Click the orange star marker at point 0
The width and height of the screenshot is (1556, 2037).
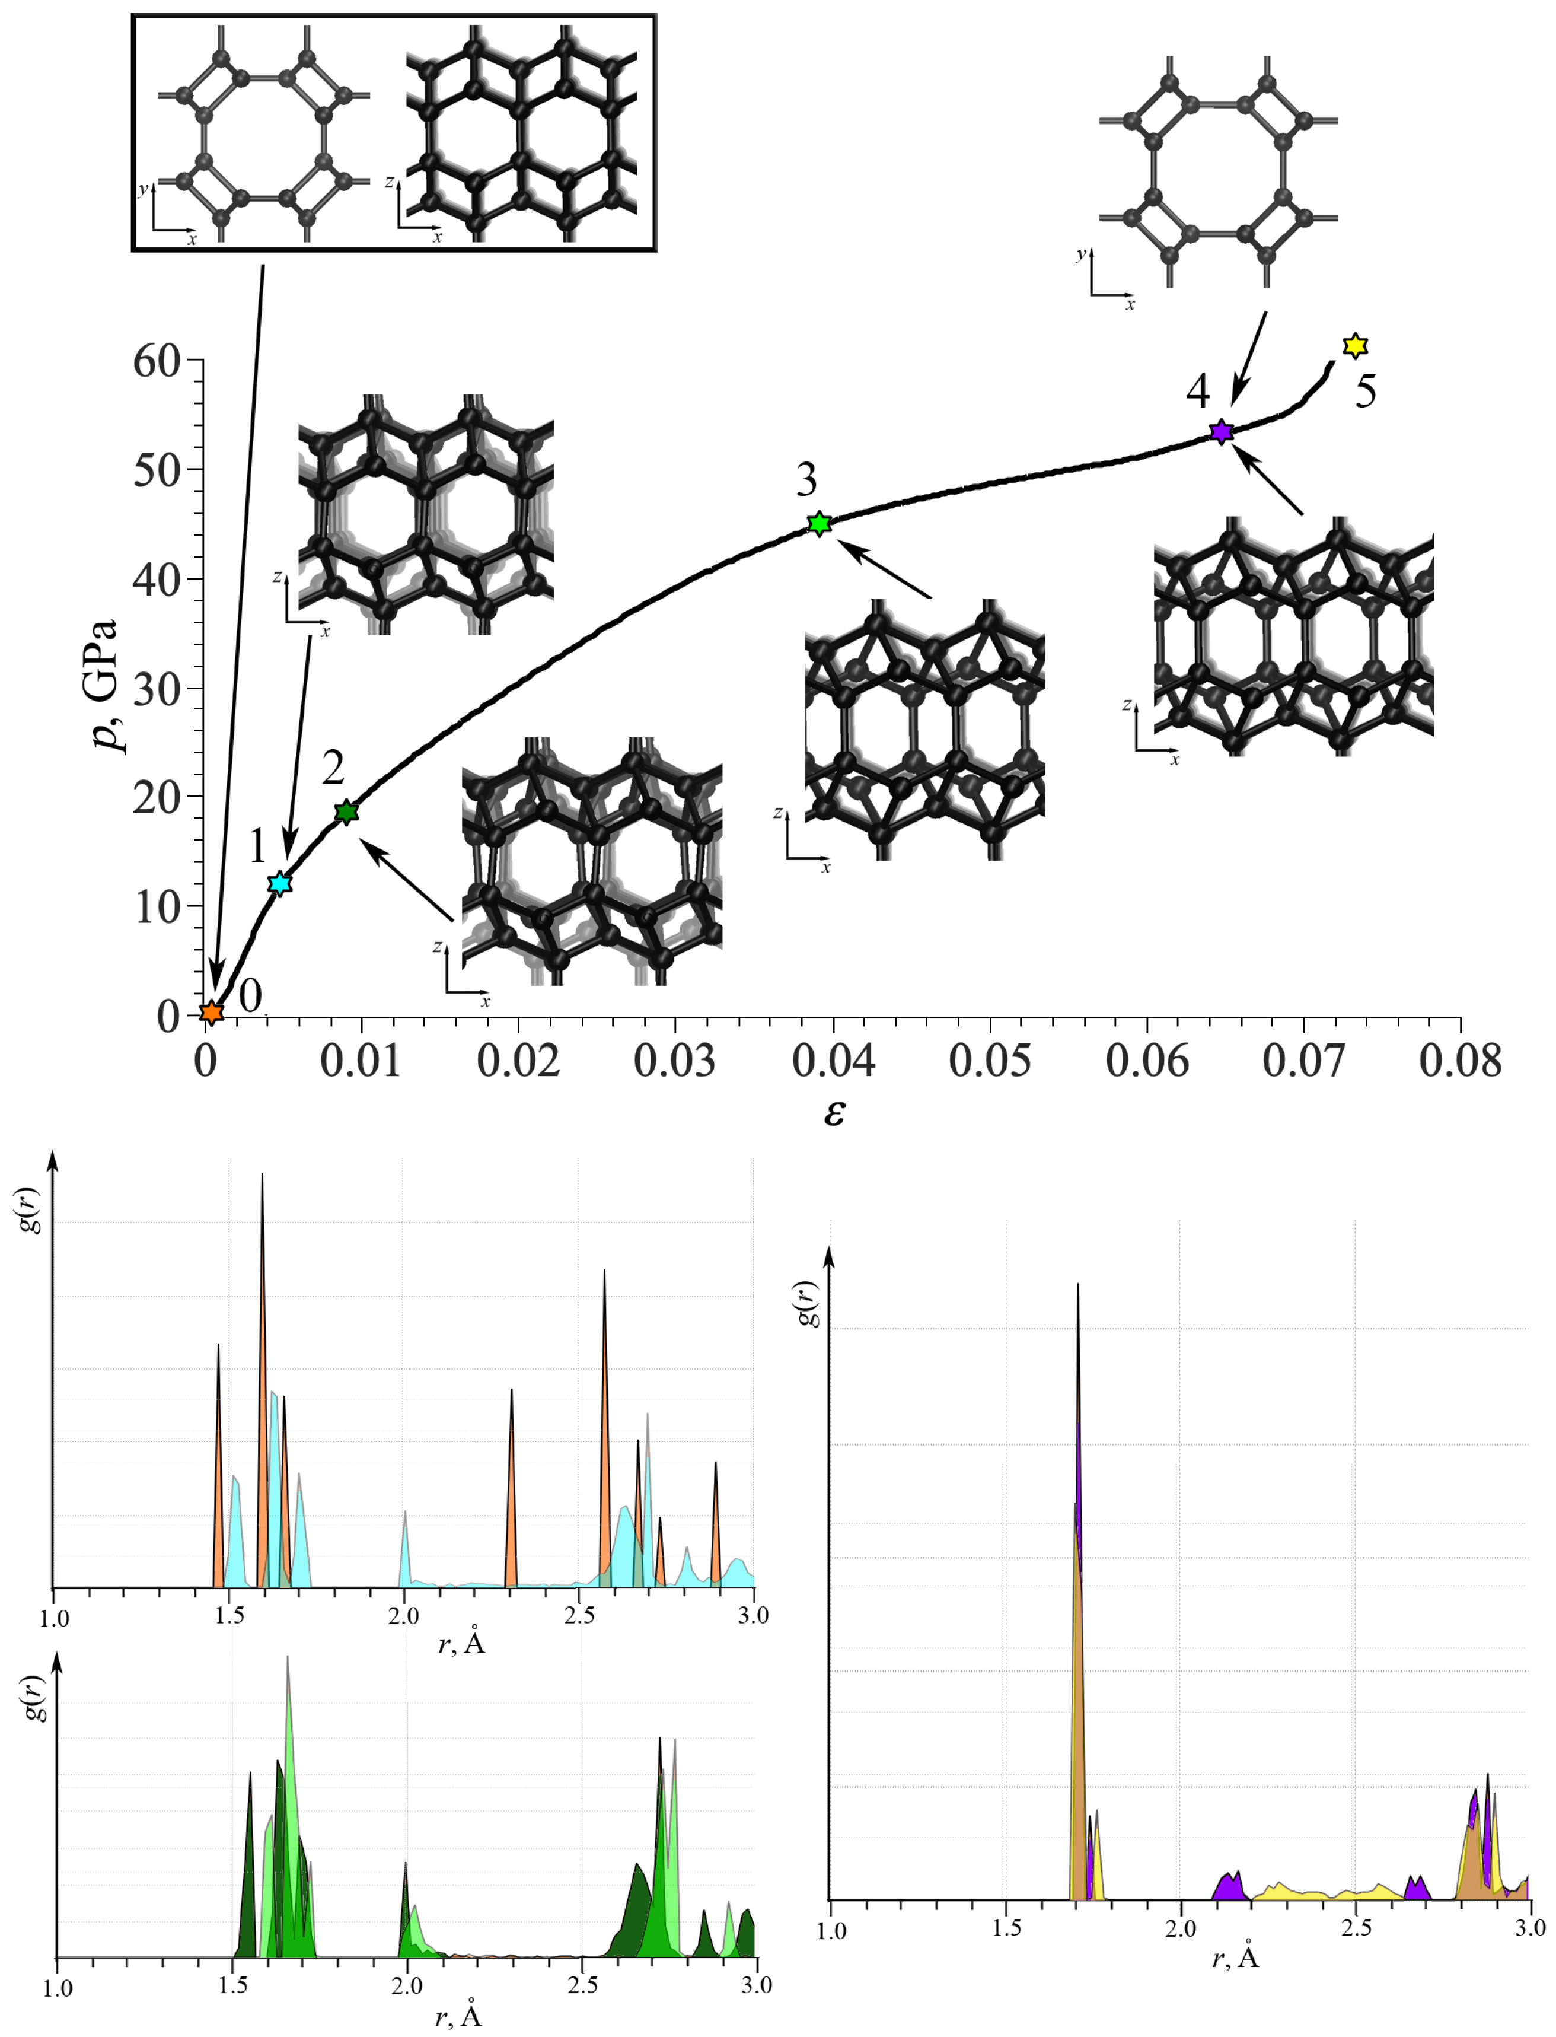[x=211, y=1011]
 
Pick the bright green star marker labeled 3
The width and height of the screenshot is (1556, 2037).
[x=819, y=523]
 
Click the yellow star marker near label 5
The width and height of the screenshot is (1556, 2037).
[x=1355, y=345]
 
